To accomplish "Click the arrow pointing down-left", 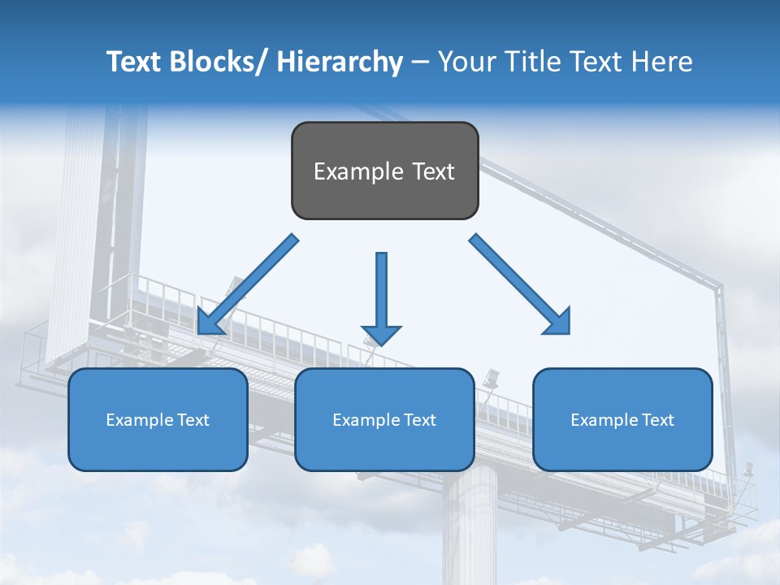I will (248, 284).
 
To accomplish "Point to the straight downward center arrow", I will (381, 292).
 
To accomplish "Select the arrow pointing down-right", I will (516, 280).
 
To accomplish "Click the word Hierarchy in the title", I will (340, 62).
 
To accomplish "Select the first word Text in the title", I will (134, 62).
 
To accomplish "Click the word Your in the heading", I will (465, 62).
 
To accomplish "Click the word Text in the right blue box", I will (657, 420).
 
